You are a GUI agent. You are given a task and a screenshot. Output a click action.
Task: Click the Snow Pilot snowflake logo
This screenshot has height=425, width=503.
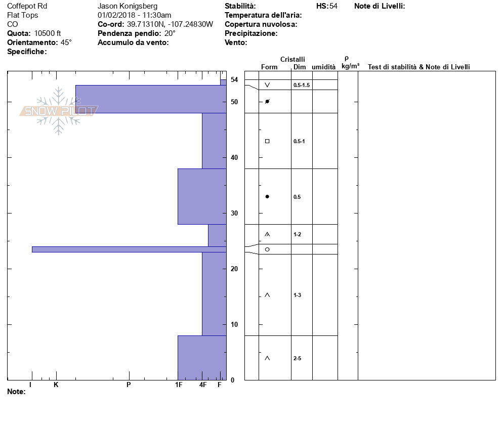(58, 111)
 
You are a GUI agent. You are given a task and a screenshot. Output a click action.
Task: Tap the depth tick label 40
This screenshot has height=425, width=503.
(234, 157)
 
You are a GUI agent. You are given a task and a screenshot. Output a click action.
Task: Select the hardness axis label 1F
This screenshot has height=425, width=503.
(179, 385)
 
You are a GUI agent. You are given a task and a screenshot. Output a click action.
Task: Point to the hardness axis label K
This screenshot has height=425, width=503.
(56, 385)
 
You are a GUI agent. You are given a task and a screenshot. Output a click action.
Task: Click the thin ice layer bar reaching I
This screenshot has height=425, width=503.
(129, 249)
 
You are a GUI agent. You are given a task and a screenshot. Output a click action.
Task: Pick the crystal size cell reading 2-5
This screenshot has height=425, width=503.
(298, 358)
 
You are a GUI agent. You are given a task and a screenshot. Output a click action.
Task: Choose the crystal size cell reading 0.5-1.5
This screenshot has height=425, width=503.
(302, 85)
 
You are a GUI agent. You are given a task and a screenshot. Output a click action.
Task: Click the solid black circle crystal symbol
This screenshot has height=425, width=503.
(267, 197)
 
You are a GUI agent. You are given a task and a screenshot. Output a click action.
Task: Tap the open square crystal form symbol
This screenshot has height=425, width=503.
(267, 141)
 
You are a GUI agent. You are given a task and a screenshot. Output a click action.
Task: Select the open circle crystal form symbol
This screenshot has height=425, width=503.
(267, 249)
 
